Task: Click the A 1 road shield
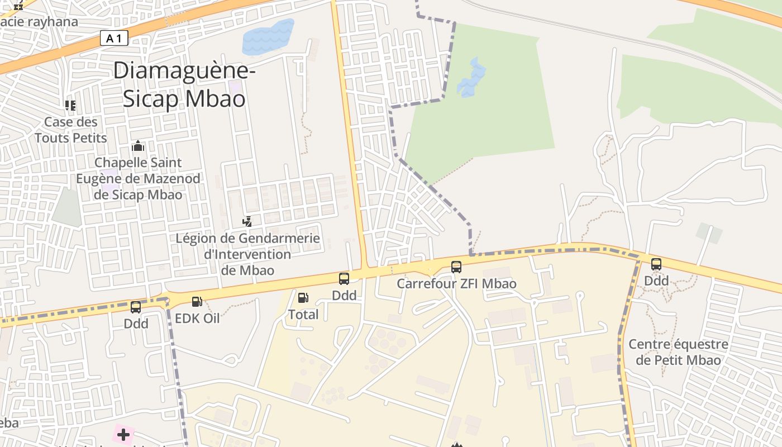pyautogui.click(x=114, y=38)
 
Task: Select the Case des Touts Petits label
pyautogui.click(x=71, y=130)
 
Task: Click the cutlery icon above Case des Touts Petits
pyautogui.click(x=70, y=105)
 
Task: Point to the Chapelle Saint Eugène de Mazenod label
pyautogui.click(x=138, y=178)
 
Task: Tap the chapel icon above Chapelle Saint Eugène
pyautogui.click(x=138, y=146)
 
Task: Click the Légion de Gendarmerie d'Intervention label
pyautogui.click(x=247, y=254)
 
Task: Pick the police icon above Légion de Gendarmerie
pyautogui.click(x=247, y=222)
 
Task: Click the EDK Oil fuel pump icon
pyautogui.click(x=197, y=302)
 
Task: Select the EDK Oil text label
pyautogui.click(x=197, y=318)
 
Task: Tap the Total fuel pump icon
pyautogui.click(x=303, y=298)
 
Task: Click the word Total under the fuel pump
pyautogui.click(x=303, y=315)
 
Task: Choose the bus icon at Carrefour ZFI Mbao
pyautogui.click(x=456, y=267)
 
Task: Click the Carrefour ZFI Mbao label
pyautogui.click(x=456, y=284)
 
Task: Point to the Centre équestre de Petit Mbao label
pyautogui.click(x=678, y=352)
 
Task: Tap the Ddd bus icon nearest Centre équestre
pyautogui.click(x=656, y=264)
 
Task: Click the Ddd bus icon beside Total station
pyautogui.click(x=344, y=278)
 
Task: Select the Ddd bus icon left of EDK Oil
pyautogui.click(x=136, y=307)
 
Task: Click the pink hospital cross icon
pyautogui.click(x=123, y=435)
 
